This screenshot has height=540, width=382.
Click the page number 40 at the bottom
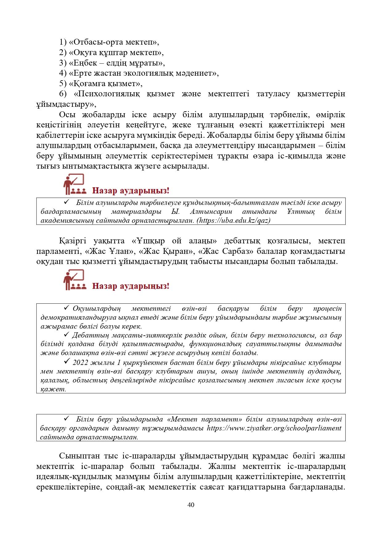coord(191,505)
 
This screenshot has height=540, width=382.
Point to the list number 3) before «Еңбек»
coord(63,63)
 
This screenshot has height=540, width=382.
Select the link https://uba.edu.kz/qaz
coord(234,220)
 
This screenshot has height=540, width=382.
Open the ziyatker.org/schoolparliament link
coord(274,428)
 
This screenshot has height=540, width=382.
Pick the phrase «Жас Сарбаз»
coord(226,251)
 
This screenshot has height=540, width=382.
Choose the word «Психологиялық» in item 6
coord(107,94)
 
